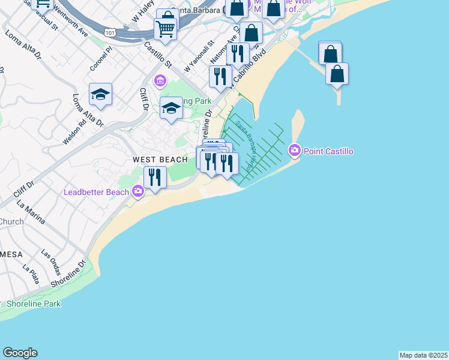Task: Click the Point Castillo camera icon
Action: click(294, 150)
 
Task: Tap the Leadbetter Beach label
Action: click(96, 192)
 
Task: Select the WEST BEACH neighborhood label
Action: click(160, 160)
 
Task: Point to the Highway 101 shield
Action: click(109, 31)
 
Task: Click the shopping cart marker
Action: click(165, 28)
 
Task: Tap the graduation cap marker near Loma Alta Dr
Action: click(100, 94)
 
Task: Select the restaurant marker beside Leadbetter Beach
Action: click(155, 177)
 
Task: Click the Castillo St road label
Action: click(158, 55)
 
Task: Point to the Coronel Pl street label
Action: click(101, 58)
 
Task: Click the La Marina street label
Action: click(31, 213)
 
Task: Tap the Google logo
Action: click(20, 353)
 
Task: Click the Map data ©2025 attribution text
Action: click(423, 355)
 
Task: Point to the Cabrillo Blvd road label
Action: click(249, 65)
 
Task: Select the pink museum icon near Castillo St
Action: click(160, 80)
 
